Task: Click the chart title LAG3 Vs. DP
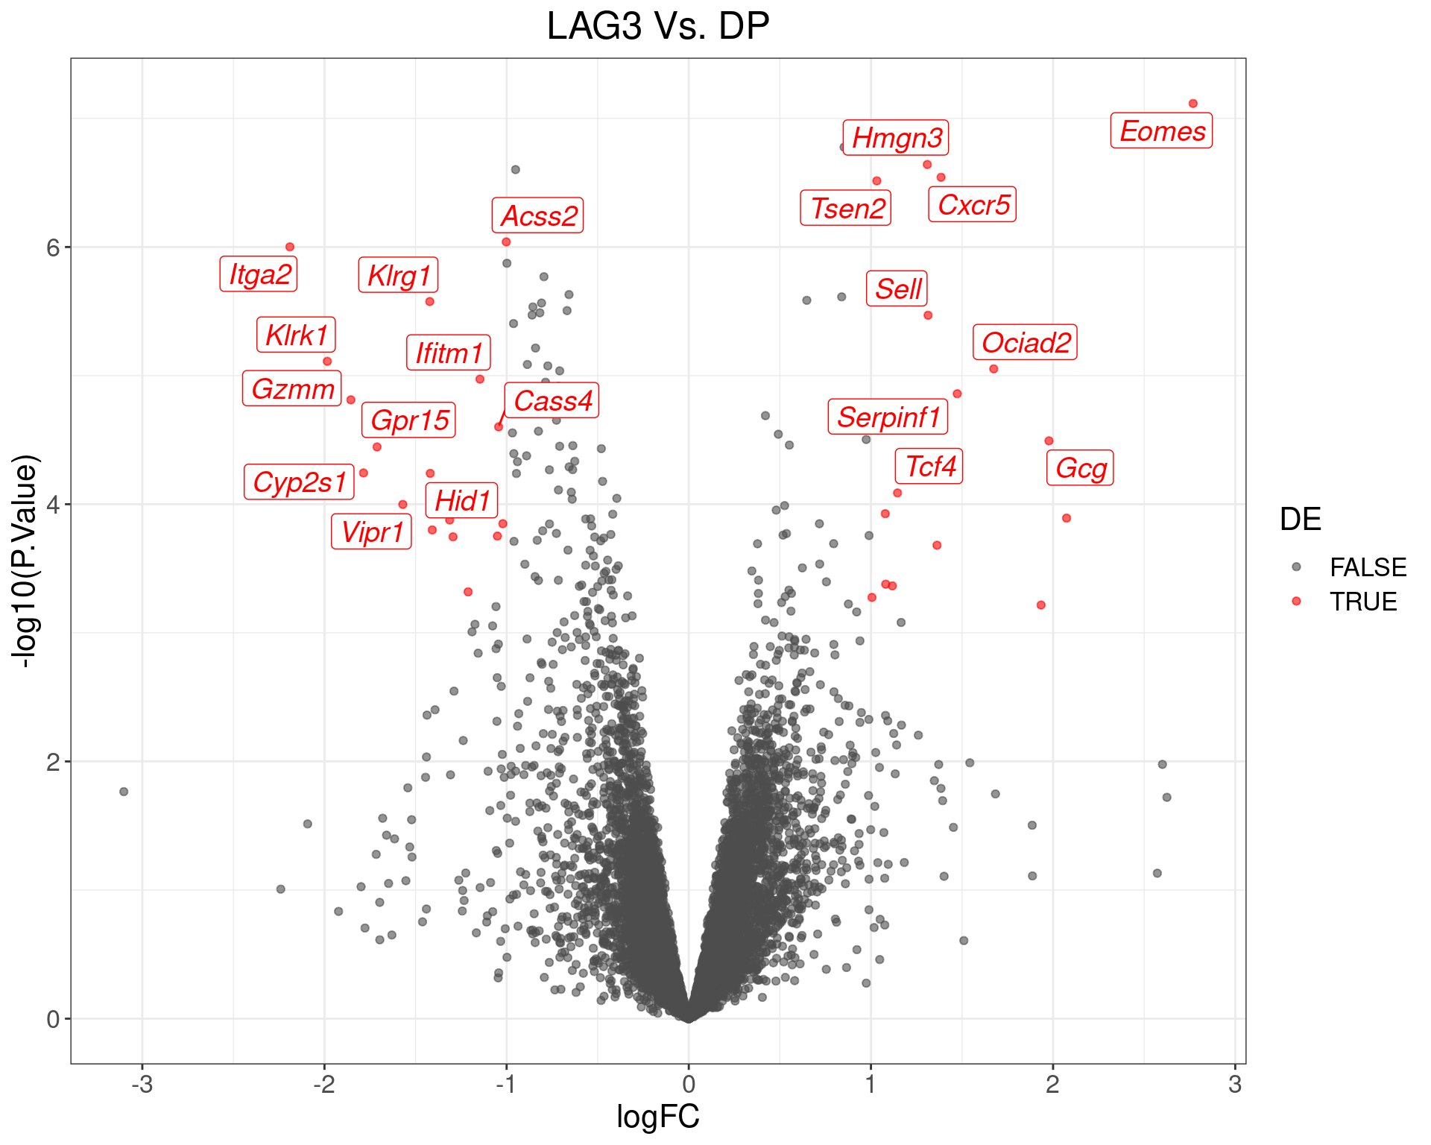(657, 27)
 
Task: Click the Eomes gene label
(1161, 131)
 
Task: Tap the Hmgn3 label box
(896, 138)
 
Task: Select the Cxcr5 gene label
(973, 205)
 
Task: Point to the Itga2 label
(259, 274)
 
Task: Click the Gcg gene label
(1080, 468)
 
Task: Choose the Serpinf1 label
(888, 417)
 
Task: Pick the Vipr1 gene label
(371, 532)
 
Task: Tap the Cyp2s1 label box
(299, 482)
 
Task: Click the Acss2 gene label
(538, 216)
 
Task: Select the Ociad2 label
(1025, 343)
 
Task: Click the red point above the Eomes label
(1192, 104)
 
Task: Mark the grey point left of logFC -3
(124, 792)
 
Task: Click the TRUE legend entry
(1362, 602)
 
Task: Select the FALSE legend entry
(1367, 567)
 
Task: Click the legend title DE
(1300, 520)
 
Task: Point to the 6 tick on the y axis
(52, 247)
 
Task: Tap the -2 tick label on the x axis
(324, 1084)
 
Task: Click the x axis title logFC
(657, 1117)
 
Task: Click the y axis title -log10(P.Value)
(25, 561)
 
